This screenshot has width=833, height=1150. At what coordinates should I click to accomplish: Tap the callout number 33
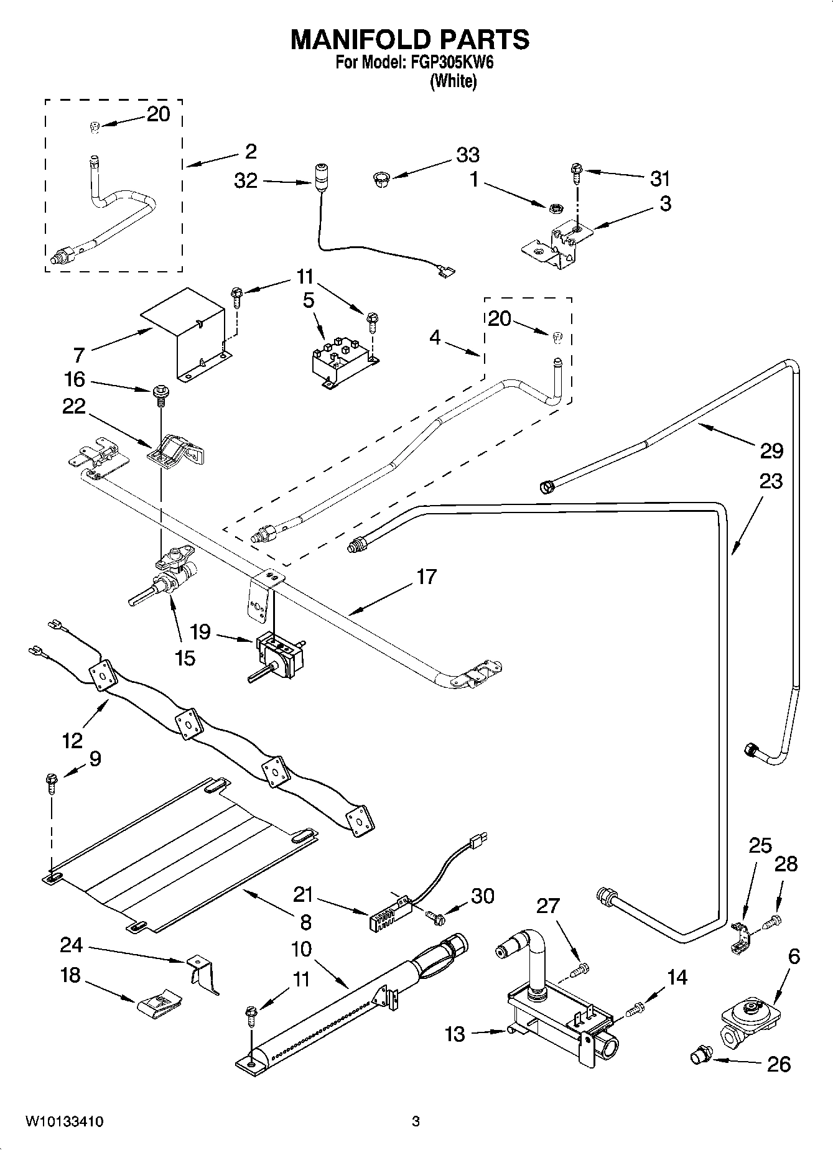[x=468, y=155]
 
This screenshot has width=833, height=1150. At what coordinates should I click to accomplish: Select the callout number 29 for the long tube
[x=771, y=451]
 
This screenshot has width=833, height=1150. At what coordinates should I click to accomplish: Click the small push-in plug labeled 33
[x=380, y=179]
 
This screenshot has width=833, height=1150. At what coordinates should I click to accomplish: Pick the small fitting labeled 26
[x=701, y=1055]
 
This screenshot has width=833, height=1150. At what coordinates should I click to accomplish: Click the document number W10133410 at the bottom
[x=64, y=1123]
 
